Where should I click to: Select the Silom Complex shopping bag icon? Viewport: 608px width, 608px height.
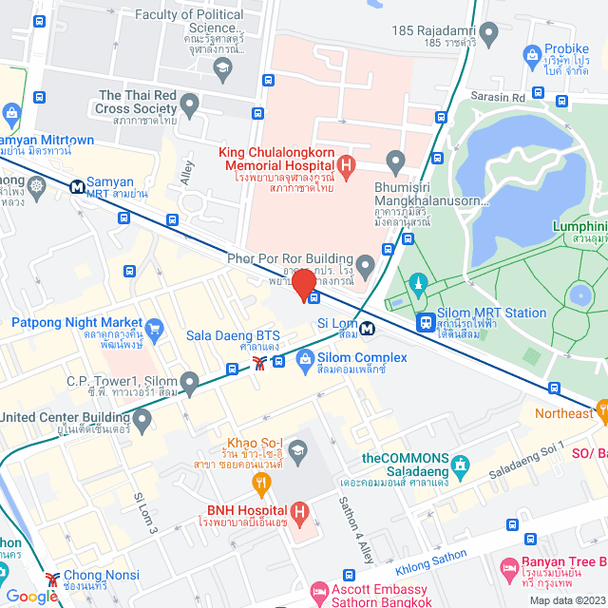(305, 359)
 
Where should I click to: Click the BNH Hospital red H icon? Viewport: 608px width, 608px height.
(300, 515)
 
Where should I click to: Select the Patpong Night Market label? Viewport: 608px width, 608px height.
(76, 323)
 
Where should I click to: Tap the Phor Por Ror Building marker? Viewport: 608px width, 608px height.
(365, 261)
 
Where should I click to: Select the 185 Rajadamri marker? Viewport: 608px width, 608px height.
(488, 35)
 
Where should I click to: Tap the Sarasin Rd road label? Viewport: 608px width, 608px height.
(498, 97)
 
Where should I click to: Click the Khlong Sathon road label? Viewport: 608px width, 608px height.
(433, 558)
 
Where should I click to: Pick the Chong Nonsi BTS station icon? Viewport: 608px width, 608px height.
(52, 577)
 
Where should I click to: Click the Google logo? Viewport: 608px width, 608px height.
(31, 596)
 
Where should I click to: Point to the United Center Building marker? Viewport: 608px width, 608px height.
(142, 419)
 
